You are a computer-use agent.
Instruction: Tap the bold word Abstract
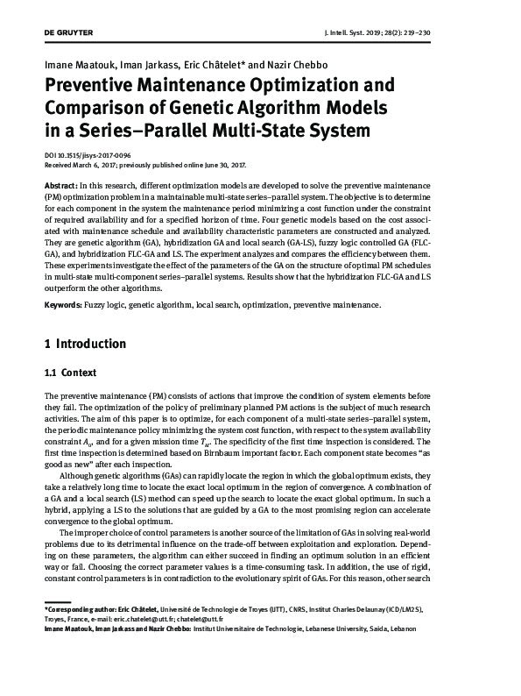[60, 188]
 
